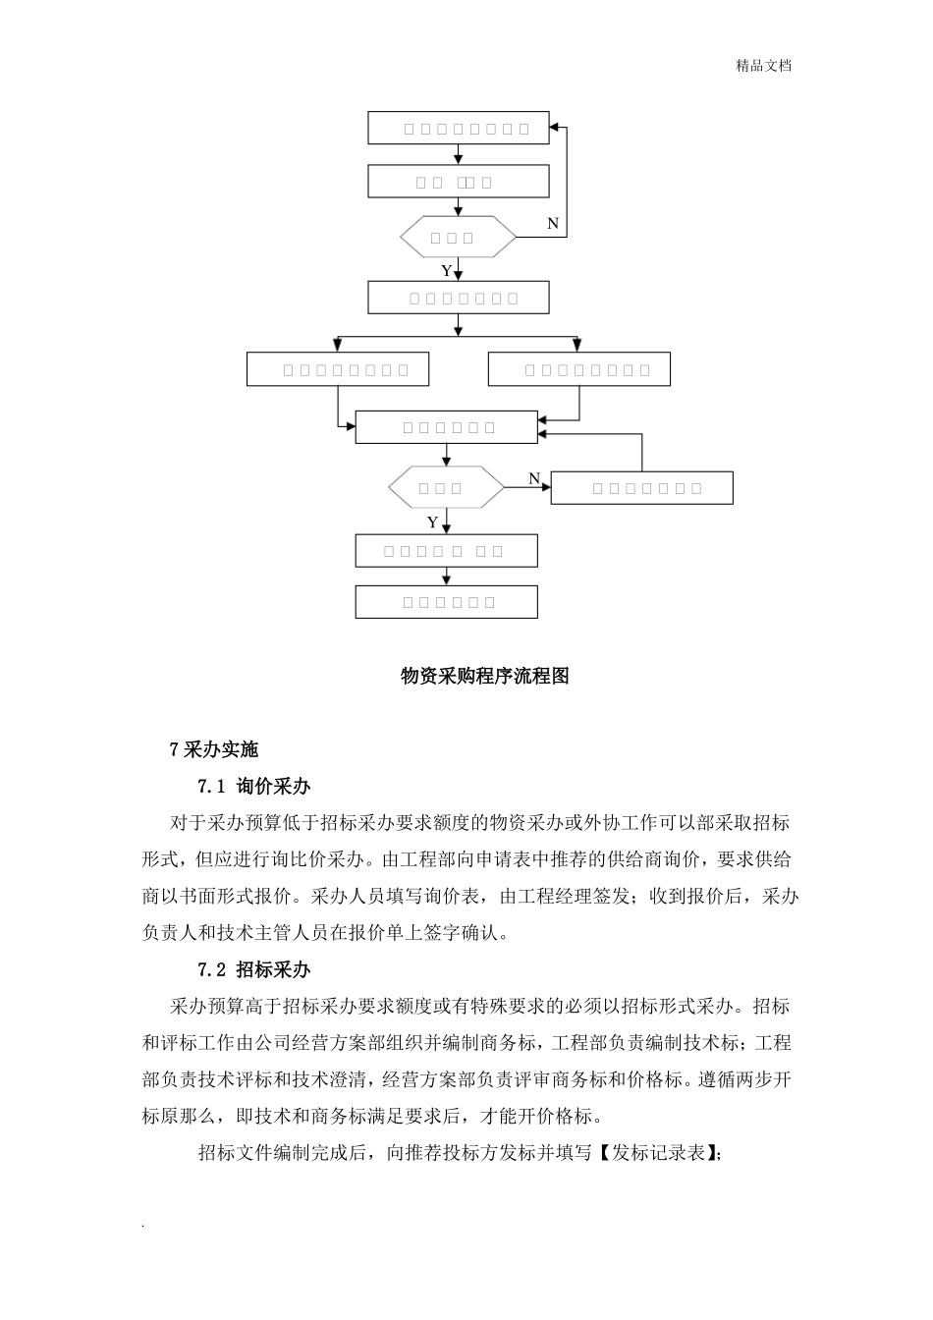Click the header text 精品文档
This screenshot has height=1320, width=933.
763,66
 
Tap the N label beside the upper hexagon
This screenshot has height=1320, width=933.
553,224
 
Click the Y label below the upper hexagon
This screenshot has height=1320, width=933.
446,270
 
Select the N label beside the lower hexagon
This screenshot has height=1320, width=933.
534,478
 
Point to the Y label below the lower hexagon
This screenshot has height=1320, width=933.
432,522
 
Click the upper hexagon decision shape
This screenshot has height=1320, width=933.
458,237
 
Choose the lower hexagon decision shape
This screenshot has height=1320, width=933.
446,487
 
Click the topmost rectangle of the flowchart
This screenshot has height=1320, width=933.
458,128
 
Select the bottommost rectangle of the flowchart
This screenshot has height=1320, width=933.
446,602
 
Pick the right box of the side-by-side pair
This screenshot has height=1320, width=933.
579,369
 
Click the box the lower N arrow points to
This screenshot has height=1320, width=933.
641,488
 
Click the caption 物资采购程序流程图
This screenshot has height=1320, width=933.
485,676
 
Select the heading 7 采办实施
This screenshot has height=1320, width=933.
214,749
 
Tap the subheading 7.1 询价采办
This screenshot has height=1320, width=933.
254,786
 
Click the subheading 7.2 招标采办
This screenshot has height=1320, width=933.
254,969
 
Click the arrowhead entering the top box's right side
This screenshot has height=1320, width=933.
556,128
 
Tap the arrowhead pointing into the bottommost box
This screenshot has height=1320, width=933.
447,581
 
